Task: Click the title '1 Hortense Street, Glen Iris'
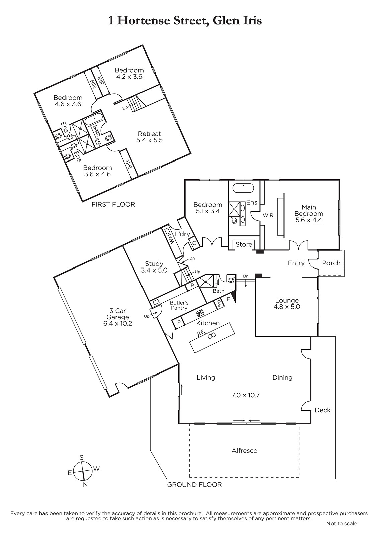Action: coord(185,20)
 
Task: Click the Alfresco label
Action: coord(245,451)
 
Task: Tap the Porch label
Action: coord(331,263)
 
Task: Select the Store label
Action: coord(244,244)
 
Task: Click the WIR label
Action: coord(268,215)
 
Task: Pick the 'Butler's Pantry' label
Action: coord(179,306)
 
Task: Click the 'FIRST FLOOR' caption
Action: coord(113,204)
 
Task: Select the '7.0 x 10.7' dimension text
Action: coord(246,395)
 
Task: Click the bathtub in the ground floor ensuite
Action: coord(243,188)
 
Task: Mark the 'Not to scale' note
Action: coord(342,524)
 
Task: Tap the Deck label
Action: coord(322,410)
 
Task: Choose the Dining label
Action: coord(282,378)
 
